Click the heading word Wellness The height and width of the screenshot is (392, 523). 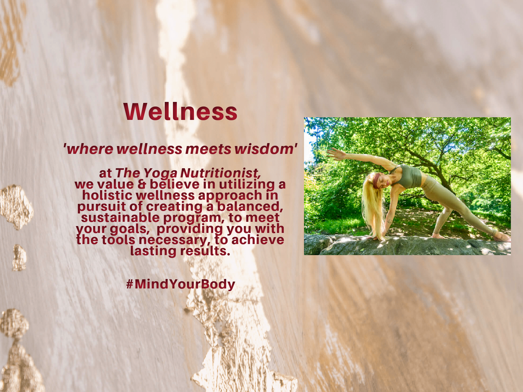(x=180, y=112)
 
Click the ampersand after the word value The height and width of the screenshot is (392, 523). (x=142, y=184)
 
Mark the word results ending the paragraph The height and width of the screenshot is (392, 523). (x=204, y=251)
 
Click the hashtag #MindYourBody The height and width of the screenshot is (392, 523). (x=181, y=285)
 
